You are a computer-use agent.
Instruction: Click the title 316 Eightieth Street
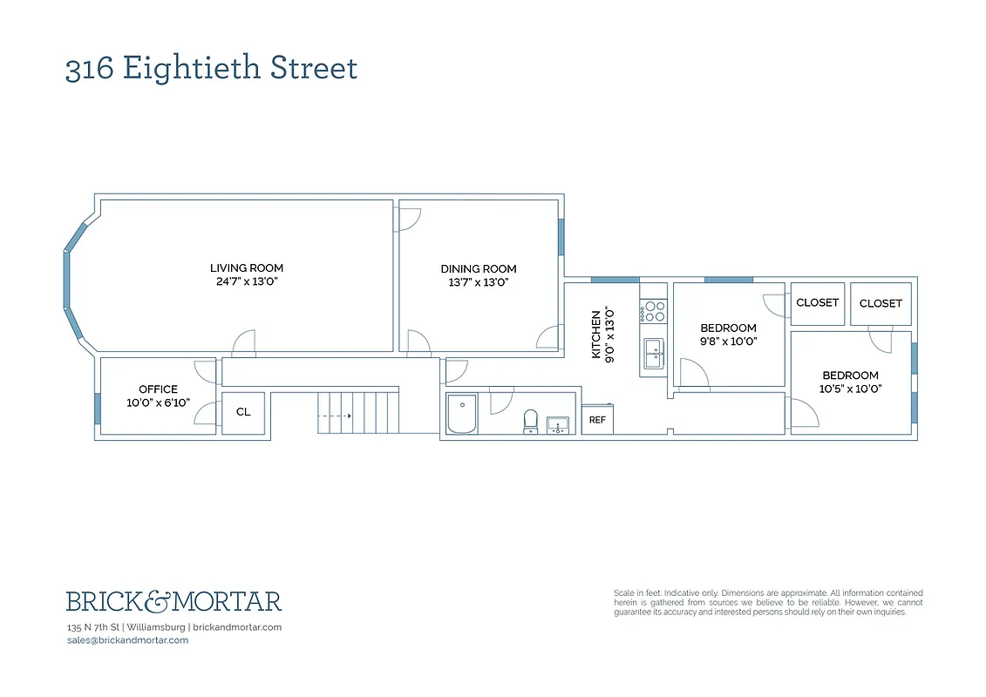[x=211, y=68]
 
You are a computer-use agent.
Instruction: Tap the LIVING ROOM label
[x=247, y=267]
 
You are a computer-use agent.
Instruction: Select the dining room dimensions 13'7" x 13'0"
[x=479, y=283]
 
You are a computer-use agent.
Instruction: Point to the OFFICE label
[x=158, y=389]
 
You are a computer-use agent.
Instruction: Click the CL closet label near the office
[x=243, y=412]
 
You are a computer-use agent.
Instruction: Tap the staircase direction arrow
[x=334, y=416]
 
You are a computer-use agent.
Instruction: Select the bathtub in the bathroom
[x=461, y=414]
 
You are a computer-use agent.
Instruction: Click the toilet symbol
[x=529, y=421]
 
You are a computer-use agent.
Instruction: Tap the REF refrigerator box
[x=597, y=419]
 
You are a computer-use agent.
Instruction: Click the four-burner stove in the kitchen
[x=654, y=312]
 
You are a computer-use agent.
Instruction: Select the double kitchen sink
[x=654, y=353]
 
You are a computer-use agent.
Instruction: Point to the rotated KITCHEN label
[x=597, y=335]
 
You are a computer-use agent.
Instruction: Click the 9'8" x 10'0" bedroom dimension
[x=729, y=342]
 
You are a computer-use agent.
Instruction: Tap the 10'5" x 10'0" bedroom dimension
[x=850, y=389]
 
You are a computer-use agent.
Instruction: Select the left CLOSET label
[x=818, y=302]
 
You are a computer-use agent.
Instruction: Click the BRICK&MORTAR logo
[x=174, y=601]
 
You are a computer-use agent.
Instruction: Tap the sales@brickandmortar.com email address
[x=127, y=640]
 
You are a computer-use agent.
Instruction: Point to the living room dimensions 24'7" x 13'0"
[x=247, y=282]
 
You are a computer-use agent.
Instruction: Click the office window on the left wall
[x=97, y=409]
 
